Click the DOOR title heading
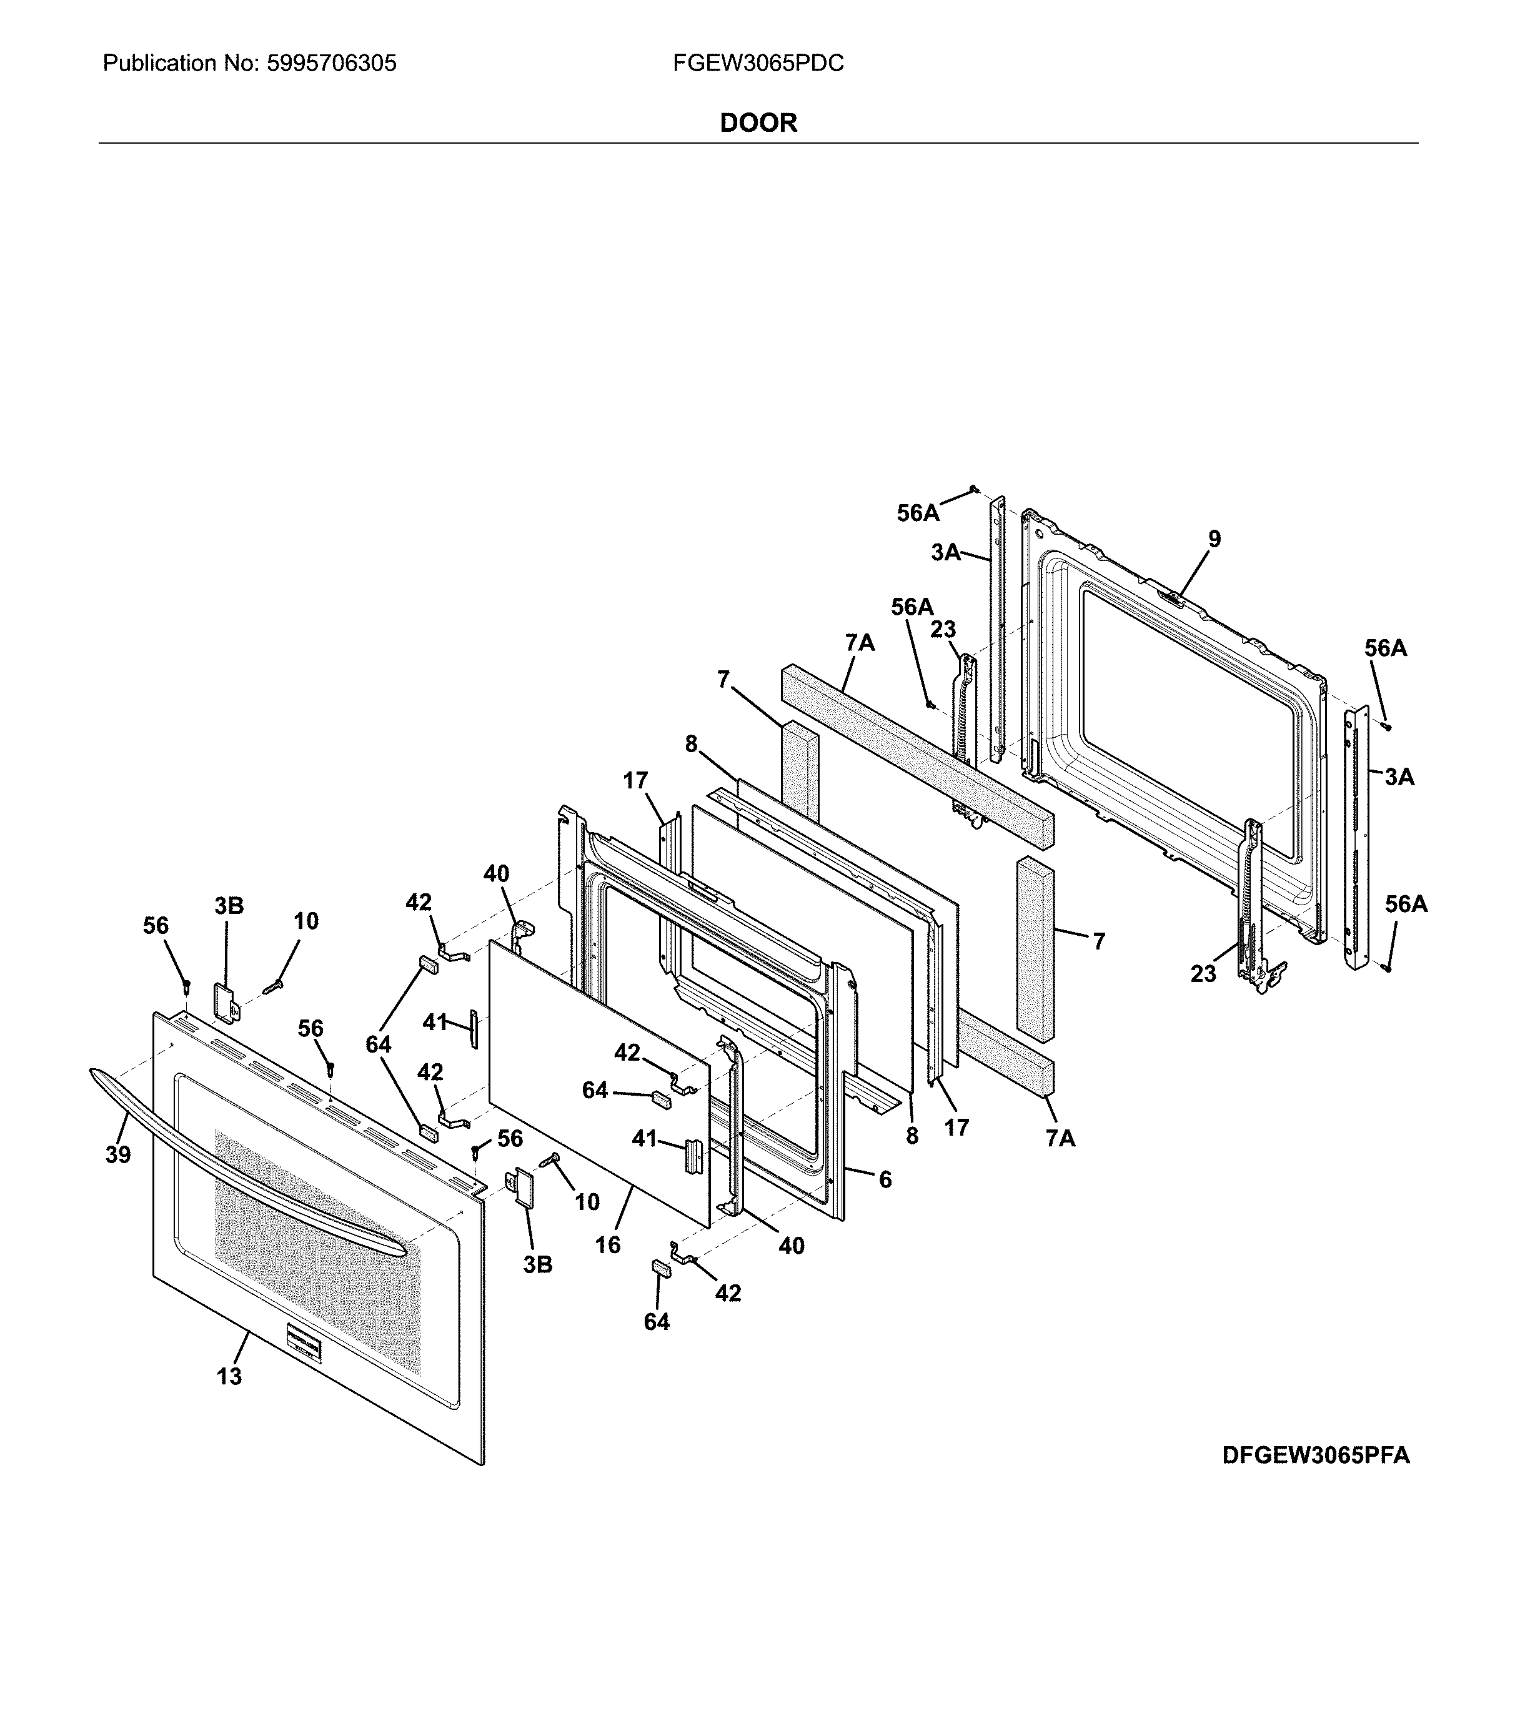758,123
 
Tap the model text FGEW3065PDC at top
758,64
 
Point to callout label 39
118,1155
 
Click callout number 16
607,1244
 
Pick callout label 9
1213,539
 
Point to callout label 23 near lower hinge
1203,974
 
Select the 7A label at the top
860,643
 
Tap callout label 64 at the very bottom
657,1322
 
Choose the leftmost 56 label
156,926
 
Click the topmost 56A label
917,513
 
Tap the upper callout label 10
305,921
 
